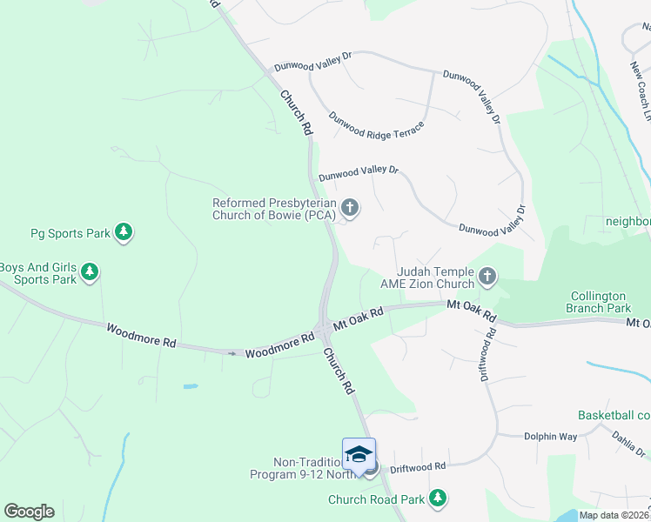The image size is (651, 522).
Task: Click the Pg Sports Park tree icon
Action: [124, 232]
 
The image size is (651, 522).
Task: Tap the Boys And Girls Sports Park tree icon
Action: [89, 273]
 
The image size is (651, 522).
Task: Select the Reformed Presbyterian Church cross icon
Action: [350, 207]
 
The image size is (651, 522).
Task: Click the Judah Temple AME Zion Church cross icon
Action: [487, 278]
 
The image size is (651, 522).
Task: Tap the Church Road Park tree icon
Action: [439, 499]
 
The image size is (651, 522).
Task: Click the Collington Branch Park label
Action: [601, 302]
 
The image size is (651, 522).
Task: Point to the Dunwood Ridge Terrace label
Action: [377, 129]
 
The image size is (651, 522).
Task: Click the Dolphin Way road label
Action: [550, 437]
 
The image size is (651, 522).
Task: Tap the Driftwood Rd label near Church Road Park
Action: [418, 467]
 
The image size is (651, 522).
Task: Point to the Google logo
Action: [29, 512]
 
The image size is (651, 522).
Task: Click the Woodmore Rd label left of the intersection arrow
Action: [141, 335]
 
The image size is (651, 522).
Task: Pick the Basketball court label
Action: [614, 416]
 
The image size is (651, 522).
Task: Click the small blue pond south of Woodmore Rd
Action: [190, 385]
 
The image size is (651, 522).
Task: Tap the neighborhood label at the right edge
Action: [628, 222]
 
